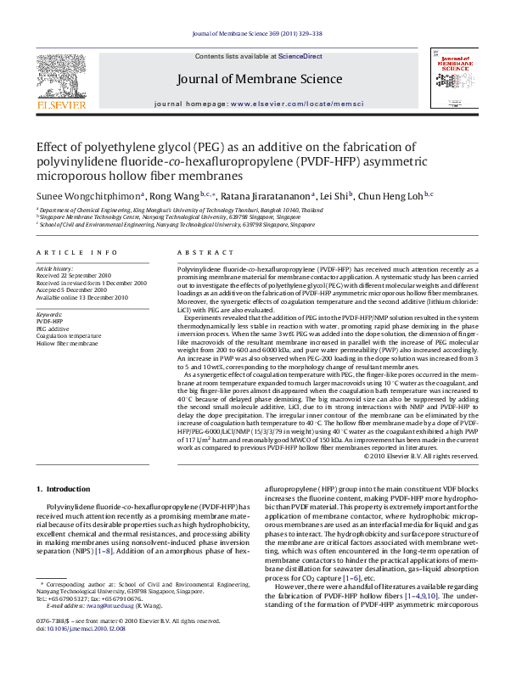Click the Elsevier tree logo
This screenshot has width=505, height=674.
60,77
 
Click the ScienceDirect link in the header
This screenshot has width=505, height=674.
300,56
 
